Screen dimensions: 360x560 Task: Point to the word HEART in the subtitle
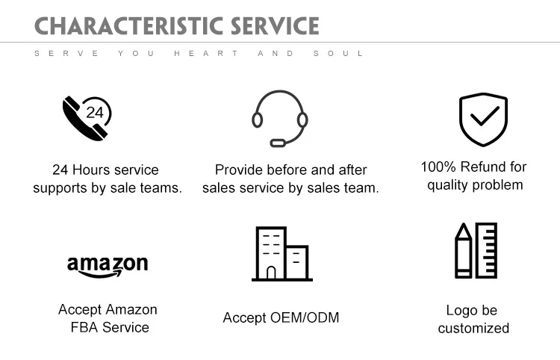tap(206, 53)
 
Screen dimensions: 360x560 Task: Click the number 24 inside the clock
tap(96, 113)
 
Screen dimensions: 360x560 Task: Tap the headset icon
tap(279, 118)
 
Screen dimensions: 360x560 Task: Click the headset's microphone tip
tap(277, 142)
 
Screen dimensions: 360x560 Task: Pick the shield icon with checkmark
tap(482, 119)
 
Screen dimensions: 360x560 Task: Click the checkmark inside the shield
tap(484, 117)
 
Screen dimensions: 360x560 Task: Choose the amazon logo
tap(108, 266)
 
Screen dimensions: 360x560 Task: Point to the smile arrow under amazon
tap(107, 274)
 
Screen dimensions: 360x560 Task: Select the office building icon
tap(281, 253)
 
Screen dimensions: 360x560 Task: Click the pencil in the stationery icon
tap(464, 251)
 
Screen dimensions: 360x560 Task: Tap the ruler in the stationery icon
tap(486, 250)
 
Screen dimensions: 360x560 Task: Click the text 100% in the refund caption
tap(437, 167)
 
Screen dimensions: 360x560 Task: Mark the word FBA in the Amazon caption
tap(84, 328)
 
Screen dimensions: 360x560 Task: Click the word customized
tap(473, 329)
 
